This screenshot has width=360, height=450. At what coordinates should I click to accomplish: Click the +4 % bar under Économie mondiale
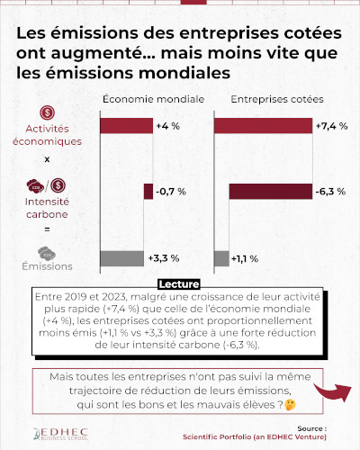point(127,126)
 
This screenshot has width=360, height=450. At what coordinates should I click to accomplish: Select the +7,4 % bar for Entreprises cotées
point(263,126)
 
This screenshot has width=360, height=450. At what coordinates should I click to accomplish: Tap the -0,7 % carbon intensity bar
point(148,192)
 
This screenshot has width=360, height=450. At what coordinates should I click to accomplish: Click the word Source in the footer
point(310,429)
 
